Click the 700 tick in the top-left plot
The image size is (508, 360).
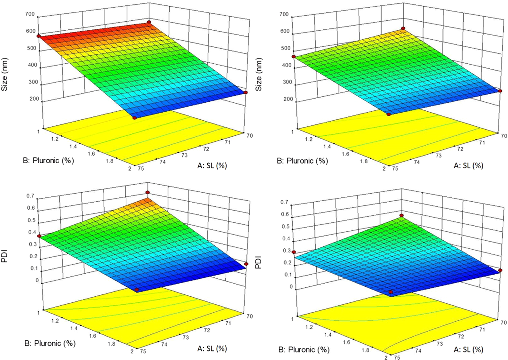(32, 14)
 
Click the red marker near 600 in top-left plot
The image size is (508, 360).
(39, 36)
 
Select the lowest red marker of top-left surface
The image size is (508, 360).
(134, 118)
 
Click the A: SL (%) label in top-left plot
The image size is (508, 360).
(212, 166)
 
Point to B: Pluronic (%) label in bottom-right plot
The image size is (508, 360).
(304, 350)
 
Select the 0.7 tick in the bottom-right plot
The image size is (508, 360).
(284, 202)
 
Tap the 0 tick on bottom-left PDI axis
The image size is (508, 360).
(37, 281)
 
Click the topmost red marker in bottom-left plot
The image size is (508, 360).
(148, 192)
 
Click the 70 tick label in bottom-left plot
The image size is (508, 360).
(250, 316)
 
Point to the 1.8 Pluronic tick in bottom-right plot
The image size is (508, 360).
(365, 350)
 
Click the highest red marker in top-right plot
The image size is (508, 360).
(403, 28)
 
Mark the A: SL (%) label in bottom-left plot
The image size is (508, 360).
(212, 349)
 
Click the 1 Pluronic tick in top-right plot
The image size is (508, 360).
(292, 132)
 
